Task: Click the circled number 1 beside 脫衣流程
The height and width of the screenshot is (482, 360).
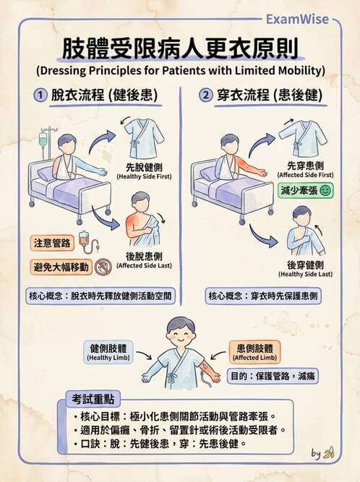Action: coord(40,95)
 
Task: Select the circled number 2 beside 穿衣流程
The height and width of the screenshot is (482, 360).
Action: coord(206,95)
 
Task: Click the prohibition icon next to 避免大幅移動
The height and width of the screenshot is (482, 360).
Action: coord(103,267)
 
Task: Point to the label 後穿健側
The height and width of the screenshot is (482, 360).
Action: coord(305,265)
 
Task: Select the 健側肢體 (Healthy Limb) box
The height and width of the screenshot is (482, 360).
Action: coord(108,351)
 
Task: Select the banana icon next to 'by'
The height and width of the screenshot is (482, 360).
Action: coord(330,453)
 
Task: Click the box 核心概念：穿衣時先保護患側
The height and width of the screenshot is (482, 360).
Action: coord(264,296)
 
